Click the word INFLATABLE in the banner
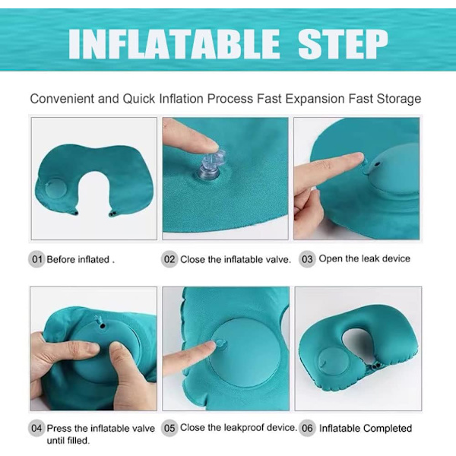(174, 44)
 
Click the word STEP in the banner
(344, 44)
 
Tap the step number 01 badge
(36, 259)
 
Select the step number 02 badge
(169, 259)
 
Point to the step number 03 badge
(307, 259)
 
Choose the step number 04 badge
(36, 428)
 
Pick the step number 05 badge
(169, 428)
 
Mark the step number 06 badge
(307, 428)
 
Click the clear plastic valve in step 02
(211, 165)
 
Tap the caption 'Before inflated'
(78, 259)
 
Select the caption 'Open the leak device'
(364, 258)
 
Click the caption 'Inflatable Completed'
(366, 428)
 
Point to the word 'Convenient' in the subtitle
(62, 99)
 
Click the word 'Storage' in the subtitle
(399, 99)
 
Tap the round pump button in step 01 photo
(55, 188)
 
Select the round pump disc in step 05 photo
(243, 353)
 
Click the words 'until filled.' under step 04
(68, 441)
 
